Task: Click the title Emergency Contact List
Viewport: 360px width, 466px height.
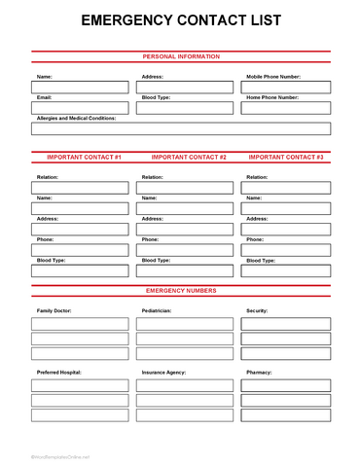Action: tap(180, 19)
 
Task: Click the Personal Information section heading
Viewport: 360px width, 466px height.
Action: tap(181, 56)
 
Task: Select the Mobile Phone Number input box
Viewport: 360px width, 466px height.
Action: tap(286, 87)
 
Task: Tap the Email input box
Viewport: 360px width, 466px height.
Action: tap(80, 108)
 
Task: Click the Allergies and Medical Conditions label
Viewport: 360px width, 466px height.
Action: tap(76, 118)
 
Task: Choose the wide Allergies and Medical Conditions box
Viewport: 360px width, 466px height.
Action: tap(180, 128)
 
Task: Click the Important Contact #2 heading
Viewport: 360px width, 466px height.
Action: tap(189, 157)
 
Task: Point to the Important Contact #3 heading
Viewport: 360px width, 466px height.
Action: tap(286, 157)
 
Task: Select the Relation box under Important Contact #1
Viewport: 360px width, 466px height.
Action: tap(80, 188)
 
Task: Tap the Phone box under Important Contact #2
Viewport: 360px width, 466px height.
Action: tap(185, 250)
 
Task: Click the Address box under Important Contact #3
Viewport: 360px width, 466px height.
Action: tap(286, 230)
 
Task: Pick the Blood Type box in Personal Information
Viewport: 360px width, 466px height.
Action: tap(185, 108)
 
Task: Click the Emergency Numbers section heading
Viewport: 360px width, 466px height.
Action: tap(181, 290)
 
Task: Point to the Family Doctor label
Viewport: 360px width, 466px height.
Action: tap(54, 310)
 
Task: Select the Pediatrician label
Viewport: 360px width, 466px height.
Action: tap(156, 310)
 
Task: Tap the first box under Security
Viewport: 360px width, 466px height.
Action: tap(286, 324)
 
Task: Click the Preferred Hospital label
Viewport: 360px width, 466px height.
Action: tap(59, 372)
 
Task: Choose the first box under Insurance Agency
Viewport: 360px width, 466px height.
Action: tap(185, 385)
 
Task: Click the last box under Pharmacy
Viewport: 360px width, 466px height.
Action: tap(286, 414)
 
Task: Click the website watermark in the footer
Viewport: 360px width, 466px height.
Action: tap(60, 455)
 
